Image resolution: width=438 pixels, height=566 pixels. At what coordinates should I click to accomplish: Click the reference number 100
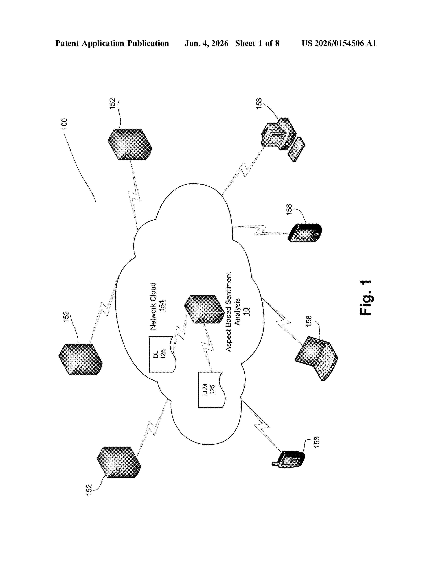[64, 124]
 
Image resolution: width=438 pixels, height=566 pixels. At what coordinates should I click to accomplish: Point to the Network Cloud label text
[153, 306]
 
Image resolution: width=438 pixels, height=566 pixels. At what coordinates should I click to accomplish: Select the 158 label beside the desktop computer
[259, 103]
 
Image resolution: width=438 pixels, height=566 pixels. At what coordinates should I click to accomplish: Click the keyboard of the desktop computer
[296, 150]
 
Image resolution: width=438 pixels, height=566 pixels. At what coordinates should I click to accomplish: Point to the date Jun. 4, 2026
[206, 43]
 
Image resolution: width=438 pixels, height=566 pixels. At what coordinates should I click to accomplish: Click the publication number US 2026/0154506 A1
[339, 43]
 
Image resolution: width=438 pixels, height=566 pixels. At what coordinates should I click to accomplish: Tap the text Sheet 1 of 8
[257, 43]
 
